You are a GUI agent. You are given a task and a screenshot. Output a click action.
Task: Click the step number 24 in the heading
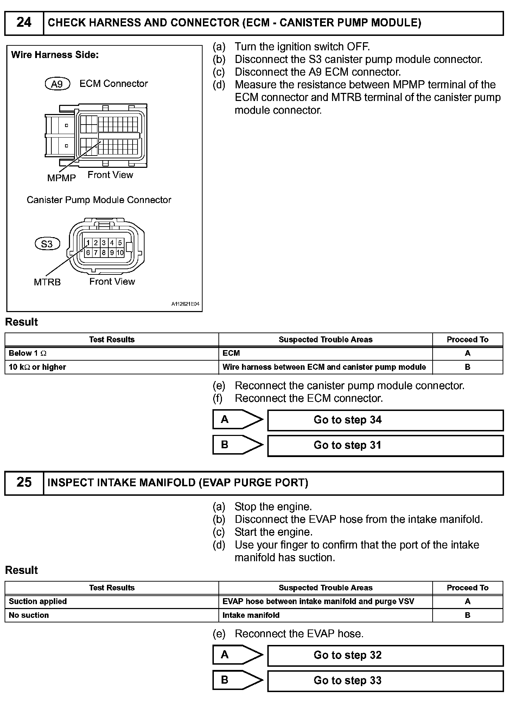(24, 23)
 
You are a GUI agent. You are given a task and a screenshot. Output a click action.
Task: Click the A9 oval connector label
(58, 84)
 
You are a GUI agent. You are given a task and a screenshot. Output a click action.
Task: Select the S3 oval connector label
(47, 244)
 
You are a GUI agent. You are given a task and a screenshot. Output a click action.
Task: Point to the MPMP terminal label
(62, 178)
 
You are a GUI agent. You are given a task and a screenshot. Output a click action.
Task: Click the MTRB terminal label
(47, 282)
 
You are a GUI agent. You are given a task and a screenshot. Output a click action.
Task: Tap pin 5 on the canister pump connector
(120, 243)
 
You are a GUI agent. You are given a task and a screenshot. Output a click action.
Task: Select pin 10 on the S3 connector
(120, 253)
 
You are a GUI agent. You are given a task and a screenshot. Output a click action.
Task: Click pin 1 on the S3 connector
(88, 243)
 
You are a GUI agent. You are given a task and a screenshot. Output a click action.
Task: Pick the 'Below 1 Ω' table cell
(111, 353)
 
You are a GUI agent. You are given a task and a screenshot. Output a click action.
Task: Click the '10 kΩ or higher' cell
(111, 367)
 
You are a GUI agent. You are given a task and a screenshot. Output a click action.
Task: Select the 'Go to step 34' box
(385, 420)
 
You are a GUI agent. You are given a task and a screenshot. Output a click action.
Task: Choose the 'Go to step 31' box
(385, 445)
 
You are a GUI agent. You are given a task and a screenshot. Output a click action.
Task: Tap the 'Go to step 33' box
(385, 681)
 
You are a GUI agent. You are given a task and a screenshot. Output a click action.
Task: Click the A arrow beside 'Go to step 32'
(237, 655)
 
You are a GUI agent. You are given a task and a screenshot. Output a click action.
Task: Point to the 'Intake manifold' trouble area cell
(325, 615)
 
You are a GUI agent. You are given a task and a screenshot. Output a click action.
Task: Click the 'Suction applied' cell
(111, 601)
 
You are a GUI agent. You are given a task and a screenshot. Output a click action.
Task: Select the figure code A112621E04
(185, 304)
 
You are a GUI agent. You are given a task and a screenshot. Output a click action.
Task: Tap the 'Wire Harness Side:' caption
(55, 55)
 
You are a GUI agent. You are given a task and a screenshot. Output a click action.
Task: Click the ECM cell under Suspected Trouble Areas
(325, 353)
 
